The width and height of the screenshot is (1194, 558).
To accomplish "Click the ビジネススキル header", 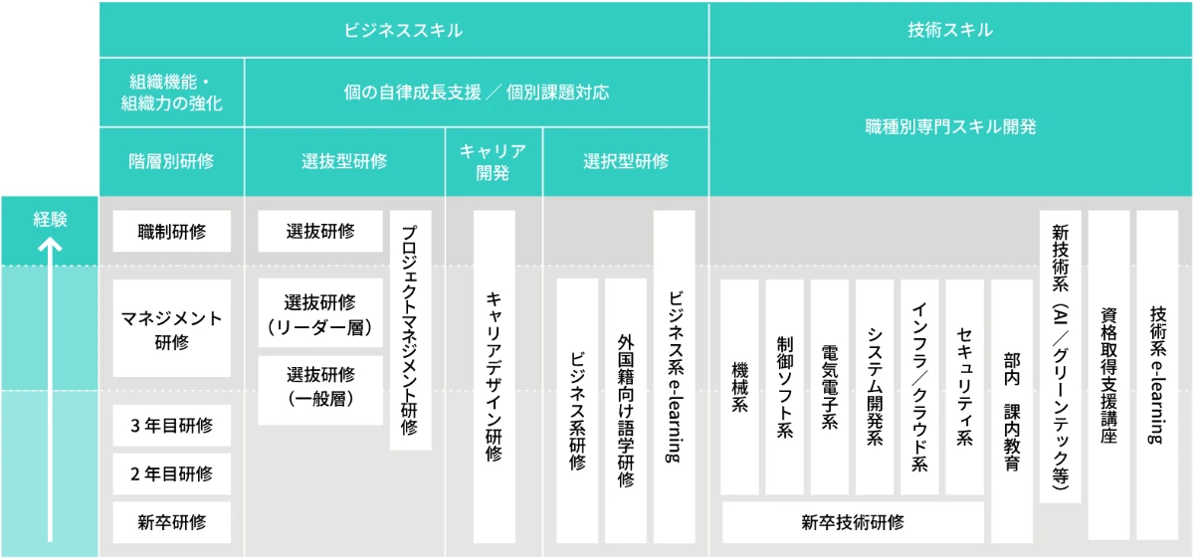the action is point(403,30).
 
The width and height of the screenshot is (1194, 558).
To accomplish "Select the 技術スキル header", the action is point(950,30).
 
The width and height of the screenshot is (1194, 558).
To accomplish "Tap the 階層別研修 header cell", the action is point(171,161).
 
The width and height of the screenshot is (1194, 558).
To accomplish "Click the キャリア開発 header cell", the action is point(494,161).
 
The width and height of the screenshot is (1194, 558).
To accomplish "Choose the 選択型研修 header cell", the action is point(626,161).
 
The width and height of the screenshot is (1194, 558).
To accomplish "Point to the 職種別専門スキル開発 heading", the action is point(950,126).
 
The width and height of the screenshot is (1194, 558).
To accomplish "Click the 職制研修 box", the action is point(171,232).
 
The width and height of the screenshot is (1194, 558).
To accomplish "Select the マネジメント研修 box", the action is point(171,329).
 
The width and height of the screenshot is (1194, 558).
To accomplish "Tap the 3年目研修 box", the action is point(171,426).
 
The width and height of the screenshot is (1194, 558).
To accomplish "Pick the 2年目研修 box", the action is point(171,473).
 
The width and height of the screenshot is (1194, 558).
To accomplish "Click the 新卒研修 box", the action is point(171,521).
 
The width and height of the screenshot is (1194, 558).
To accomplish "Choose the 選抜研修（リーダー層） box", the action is point(320,314).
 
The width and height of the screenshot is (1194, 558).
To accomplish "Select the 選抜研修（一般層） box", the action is point(320,388).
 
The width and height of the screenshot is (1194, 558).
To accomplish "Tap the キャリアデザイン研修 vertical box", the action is point(494,376).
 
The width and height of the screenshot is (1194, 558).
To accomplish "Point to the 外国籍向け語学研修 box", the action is point(626,410).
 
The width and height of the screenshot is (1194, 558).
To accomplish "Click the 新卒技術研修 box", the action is point(853,522).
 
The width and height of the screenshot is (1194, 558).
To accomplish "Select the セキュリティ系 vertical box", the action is point(964,387).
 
